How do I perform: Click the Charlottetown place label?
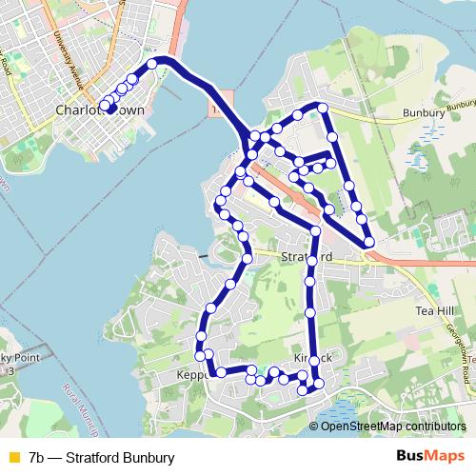click(x=100, y=110)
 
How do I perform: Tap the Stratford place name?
click(x=307, y=258)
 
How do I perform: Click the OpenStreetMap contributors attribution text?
click(x=387, y=426)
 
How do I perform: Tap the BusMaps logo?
click(x=430, y=457)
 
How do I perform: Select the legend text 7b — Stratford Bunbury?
click(x=102, y=457)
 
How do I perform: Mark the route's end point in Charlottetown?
click(x=112, y=109)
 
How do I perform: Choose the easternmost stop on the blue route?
click(x=368, y=243)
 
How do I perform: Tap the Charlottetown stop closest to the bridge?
click(x=151, y=65)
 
